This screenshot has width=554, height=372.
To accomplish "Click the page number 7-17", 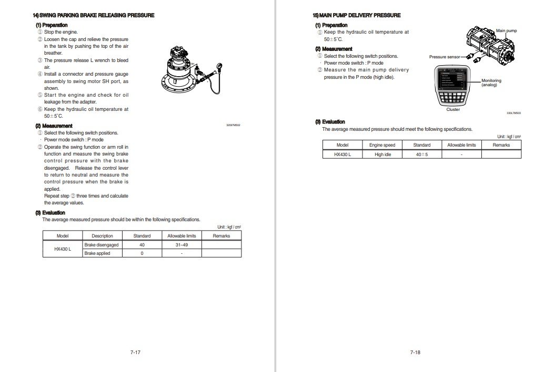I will pos(135,352).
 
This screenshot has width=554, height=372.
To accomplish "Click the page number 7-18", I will pos(415,352).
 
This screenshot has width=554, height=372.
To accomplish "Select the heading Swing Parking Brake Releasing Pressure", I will pos(94,15).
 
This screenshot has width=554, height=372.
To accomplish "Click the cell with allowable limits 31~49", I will pos(182,245).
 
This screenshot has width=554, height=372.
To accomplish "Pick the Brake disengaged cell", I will pos(102,245).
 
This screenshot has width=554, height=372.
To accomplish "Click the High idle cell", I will pos(382,154).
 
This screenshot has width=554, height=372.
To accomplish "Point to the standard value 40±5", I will pos(422,154).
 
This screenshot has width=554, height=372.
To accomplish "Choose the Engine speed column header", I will pos(382,145).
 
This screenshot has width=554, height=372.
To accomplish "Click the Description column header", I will pos(102,236).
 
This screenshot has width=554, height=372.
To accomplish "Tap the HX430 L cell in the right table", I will pos(343,154).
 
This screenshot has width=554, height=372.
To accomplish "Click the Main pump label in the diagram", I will pos(507,30).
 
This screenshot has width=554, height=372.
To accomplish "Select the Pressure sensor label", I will pos(445,57).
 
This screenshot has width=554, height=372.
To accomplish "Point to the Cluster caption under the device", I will pos(453,109).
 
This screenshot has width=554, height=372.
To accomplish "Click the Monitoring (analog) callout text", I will pos(491,82).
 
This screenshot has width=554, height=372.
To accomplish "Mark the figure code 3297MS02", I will pos(233,126).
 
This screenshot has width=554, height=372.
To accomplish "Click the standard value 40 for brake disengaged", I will pos(142,245).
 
